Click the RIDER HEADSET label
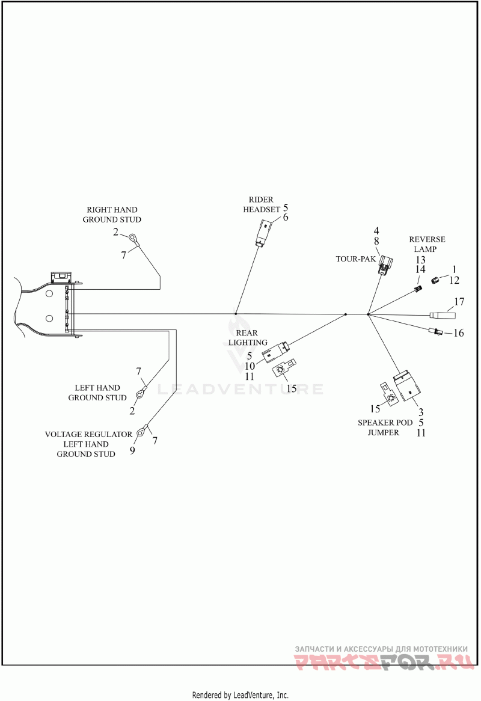click(x=262, y=204)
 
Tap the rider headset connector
click(x=262, y=233)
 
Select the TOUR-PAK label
click(x=356, y=259)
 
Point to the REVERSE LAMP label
click(x=427, y=244)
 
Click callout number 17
click(x=459, y=302)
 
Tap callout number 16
click(x=459, y=333)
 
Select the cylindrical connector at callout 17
click(x=443, y=315)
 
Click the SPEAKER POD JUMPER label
click(x=384, y=427)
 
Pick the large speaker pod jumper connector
click(x=407, y=385)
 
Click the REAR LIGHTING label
click(x=248, y=337)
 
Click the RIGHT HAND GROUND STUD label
click(x=112, y=215)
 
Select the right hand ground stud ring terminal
click(x=133, y=239)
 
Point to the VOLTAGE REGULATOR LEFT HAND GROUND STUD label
click(x=88, y=444)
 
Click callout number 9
click(x=132, y=450)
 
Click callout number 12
click(x=454, y=280)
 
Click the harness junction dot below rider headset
click(x=236, y=314)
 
